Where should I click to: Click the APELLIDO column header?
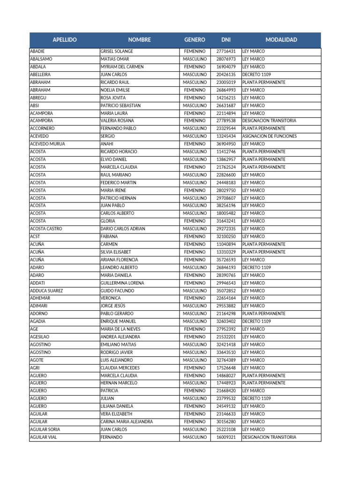[x=65, y=40]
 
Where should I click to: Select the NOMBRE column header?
[x=139, y=40]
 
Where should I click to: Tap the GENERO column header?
[x=195, y=40]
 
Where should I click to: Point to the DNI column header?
[x=226, y=40]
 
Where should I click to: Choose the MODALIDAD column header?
[x=281, y=40]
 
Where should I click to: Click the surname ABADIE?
[x=37, y=52]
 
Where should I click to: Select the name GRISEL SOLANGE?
[x=117, y=52]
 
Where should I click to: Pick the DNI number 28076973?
[x=226, y=59]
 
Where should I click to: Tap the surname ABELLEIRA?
[x=40, y=75]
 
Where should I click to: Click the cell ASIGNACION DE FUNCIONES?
[x=269, y=136]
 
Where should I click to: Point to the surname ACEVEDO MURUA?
[x=47, y=144]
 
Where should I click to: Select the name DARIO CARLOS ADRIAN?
[x=123, y=229]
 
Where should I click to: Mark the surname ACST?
[x=35, y=237]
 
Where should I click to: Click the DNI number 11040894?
[x=226, y=244]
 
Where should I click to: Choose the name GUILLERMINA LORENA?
[x=122, y=283]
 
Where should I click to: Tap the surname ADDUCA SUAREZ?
[x=46, y=291]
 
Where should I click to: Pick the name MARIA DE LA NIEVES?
[x=120, y=329]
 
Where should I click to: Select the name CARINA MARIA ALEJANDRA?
[x=127, y=422]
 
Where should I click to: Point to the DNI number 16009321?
[x=226, y=437]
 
